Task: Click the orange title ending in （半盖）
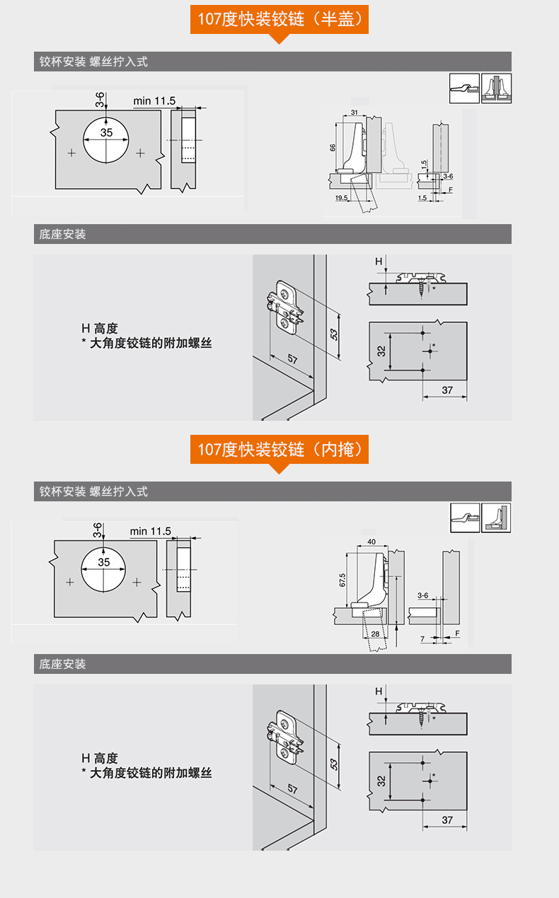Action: [279, 19]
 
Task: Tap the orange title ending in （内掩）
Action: [279, 449]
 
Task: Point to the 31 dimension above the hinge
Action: [353, 113]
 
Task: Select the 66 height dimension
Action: [333, 147]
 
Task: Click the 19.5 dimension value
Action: [342, 199]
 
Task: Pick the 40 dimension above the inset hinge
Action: [371, 543]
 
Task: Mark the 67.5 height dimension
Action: [342, 580]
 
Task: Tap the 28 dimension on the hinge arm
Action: [375, 634]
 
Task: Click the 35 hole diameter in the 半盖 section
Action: [106, 132]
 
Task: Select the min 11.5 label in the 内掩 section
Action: [150, 531]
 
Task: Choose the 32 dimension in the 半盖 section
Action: [381, 350]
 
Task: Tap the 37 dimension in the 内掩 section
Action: [446, 820]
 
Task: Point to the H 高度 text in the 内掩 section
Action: [99, 758]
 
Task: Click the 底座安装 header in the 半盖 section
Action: [63, 234]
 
